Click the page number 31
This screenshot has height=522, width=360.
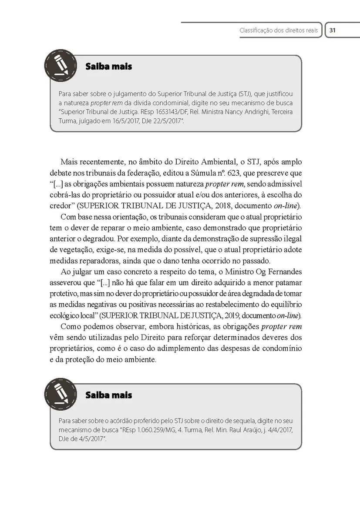(x=332, y=30)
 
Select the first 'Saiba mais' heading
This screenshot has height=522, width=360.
(x=109, y=67)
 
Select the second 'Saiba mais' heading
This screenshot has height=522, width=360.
(x=109, y=395)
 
